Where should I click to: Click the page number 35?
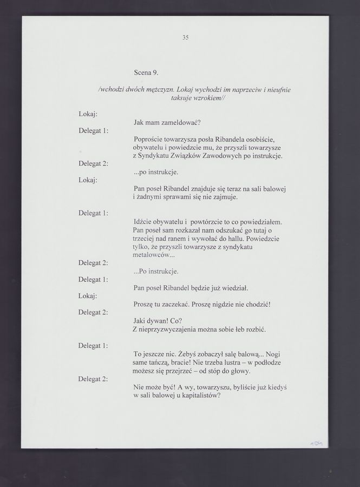tap(185, 38)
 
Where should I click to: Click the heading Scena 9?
tap(146, 72)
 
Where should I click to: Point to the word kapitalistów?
tap(199, 396)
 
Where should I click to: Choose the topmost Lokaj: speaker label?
tap(88, 115)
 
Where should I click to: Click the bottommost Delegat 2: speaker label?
tap(93, 378)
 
